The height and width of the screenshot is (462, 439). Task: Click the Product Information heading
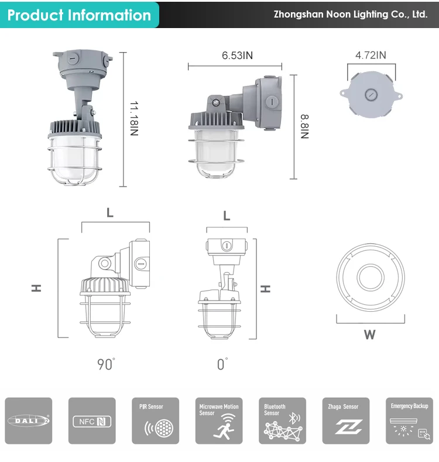click(79, 15)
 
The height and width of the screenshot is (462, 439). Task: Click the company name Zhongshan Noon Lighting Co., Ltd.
click(351, 14)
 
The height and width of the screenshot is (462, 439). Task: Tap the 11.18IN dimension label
click(134, 119)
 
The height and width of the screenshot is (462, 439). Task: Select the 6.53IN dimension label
click(237, 56)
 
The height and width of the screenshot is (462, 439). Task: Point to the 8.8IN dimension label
click(304, 126)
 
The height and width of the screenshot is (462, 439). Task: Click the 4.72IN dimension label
click(371, 55)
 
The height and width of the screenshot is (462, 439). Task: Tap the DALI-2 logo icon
click(29, 420)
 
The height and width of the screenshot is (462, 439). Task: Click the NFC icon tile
click(92, 420)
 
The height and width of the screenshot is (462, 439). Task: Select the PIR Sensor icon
click(155, 420)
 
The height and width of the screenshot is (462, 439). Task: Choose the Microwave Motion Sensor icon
click(219, 420)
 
